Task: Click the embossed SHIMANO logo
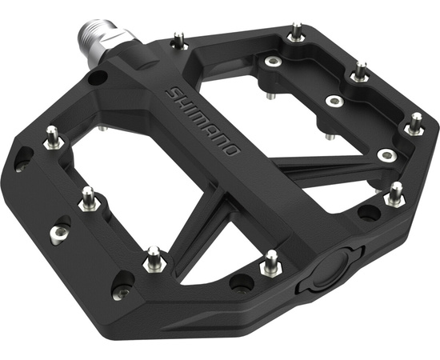(203, 121)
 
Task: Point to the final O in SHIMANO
(231, 149)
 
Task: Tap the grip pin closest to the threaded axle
(178, 41)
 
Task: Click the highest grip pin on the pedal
(296, 32)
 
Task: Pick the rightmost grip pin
(415, 124)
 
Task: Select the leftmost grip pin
(53, 138)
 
